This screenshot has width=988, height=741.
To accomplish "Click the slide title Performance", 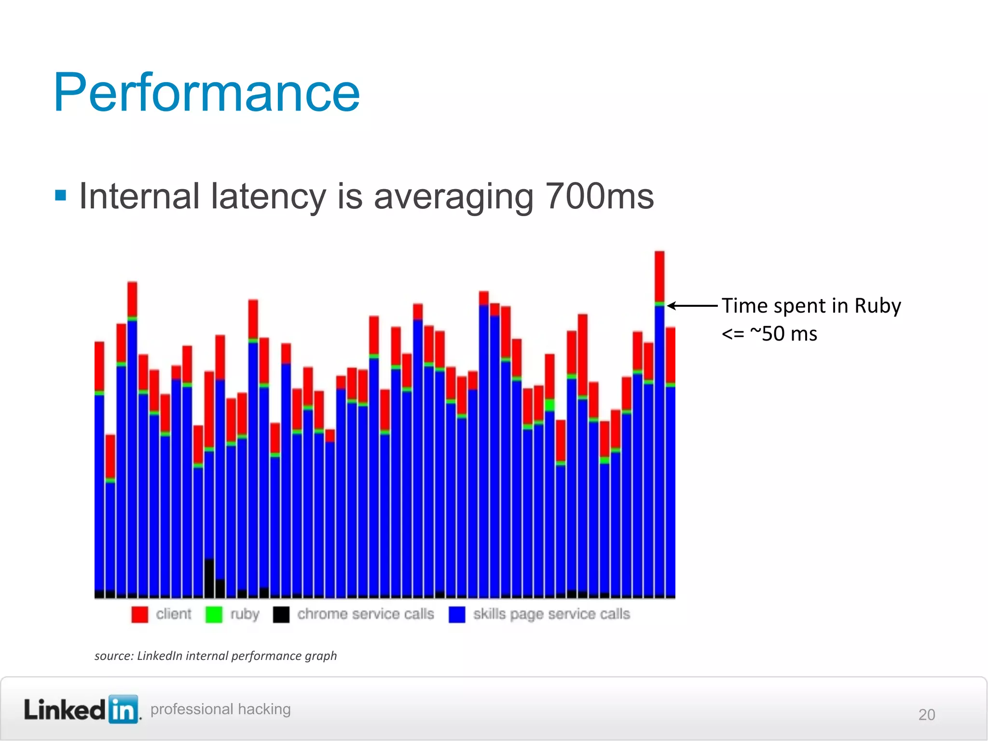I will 206,93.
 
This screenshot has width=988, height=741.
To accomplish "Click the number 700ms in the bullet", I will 599,196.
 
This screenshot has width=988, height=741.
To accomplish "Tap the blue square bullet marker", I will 61,195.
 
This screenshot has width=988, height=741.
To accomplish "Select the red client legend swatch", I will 139,614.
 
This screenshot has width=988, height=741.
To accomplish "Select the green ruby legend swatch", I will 214,614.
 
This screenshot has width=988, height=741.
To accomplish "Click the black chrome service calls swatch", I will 281,614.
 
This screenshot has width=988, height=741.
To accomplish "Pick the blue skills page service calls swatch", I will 456,614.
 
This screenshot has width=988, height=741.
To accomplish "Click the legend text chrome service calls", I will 365,614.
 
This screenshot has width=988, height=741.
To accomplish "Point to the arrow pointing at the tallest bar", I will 692,306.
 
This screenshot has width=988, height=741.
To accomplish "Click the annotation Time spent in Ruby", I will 811,306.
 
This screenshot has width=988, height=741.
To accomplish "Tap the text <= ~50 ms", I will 769,334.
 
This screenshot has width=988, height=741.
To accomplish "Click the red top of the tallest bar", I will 659,276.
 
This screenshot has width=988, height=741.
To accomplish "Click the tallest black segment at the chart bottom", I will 209,577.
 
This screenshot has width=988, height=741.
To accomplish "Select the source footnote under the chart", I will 216,656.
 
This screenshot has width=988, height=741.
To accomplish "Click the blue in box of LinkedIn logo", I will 123,710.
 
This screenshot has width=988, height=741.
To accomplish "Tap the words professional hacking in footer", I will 220,709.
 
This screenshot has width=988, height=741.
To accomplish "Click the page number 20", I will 926,714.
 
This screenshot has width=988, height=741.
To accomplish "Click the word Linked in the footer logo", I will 65,710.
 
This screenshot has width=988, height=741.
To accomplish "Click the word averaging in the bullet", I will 453,196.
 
